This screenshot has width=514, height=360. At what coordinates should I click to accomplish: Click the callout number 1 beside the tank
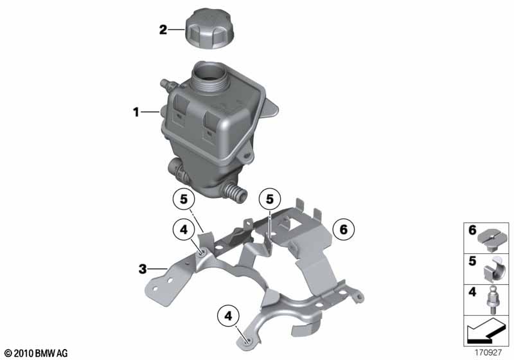136,113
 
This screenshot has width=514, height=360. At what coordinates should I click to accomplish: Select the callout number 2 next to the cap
163,29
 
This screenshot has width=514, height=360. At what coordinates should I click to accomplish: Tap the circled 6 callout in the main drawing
343,228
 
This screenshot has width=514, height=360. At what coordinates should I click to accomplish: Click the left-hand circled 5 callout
183,199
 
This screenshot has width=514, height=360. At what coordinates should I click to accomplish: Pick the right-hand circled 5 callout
269,199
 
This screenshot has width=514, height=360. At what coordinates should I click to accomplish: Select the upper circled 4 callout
183,228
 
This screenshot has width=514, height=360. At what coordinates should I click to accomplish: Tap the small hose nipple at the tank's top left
164,85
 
